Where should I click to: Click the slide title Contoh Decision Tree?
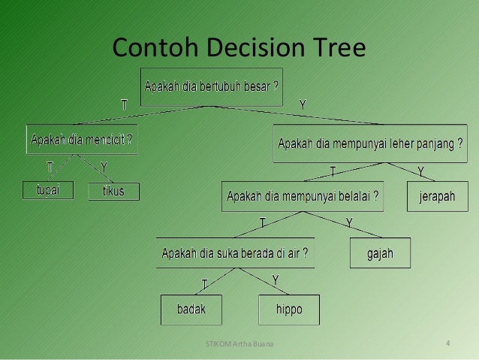coord(239,48)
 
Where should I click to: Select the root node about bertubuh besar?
coord(212,84)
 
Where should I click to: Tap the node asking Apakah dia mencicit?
coord(82,139)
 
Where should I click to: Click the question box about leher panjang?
coord(370,144)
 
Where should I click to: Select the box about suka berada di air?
coord(236,253)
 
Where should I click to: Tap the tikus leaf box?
coord(108,192)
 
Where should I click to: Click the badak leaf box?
coord(191,308)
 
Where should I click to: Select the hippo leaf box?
coord(289,308)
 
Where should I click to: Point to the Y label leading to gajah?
coord(349,222)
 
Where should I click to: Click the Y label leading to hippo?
coord(276,280)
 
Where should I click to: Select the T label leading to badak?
coord(204,283)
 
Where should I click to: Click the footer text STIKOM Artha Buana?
coord(239,345)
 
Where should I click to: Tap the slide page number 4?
coord(448,345)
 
